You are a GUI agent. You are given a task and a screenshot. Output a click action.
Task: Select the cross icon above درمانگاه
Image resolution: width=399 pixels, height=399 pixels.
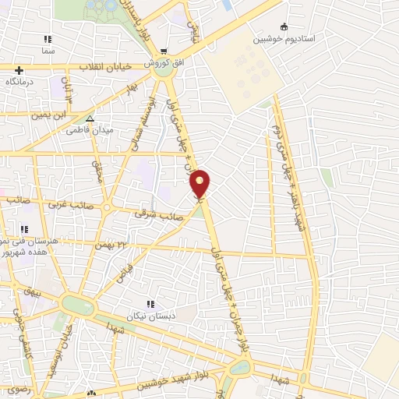pos(19,70)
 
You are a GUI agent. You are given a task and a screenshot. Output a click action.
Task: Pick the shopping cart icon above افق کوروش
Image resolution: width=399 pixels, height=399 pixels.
pos(165,51)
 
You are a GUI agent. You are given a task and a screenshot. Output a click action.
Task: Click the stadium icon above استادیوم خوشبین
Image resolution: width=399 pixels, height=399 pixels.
pos(283,26)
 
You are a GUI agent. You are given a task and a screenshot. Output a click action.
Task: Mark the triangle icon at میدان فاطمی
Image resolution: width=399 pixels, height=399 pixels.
pos(91,119)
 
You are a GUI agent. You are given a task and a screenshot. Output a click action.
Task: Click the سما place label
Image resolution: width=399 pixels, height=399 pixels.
pos(48,50)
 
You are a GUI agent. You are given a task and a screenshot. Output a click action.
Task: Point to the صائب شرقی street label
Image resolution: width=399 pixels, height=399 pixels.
pos(150,210)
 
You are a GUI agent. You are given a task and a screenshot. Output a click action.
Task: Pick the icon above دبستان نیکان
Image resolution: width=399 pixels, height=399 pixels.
pos(150,303)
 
